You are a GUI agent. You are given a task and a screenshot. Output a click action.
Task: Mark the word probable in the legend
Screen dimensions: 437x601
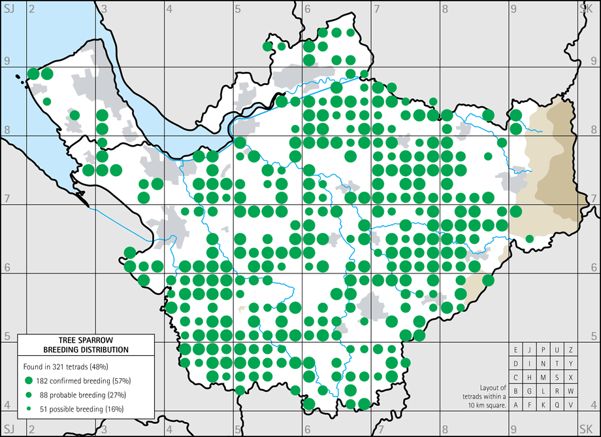[65, 394]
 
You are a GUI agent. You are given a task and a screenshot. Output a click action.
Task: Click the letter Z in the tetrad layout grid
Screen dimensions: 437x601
[571, 350]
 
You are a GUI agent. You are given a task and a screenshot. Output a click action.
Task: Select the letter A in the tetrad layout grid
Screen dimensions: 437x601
[516, 405]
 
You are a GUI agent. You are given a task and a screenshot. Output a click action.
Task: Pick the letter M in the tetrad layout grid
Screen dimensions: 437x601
[544, 377]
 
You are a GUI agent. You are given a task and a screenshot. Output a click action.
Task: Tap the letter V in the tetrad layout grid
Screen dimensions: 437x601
[571, 405]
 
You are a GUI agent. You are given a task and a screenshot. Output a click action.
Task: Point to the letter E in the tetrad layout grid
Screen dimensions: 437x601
[516, 350]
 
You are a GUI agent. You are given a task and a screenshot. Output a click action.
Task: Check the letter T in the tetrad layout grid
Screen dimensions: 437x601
[557, 364]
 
